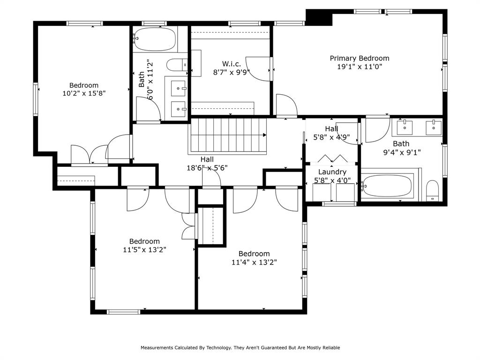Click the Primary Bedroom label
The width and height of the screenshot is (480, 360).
(360, 58)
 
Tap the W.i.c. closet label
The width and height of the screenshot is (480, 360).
(231, 63)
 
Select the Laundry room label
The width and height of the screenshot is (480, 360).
(332, 172)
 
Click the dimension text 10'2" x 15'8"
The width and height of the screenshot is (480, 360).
(84, 93)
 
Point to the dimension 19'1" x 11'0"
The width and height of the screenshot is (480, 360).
(360, 67)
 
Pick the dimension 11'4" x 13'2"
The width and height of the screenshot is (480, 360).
(254, 262)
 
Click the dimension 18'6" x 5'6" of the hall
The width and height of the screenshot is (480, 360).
(207, 167)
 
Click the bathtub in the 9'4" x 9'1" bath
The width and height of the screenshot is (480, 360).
(388, 186)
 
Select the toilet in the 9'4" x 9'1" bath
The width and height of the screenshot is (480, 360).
(432, 191)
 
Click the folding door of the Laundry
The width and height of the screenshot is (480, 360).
(331, 158)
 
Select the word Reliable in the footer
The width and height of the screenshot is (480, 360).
(330, 348)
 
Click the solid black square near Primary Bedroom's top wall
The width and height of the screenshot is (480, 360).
(319, 18)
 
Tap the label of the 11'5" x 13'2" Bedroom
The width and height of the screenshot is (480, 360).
(144, 241)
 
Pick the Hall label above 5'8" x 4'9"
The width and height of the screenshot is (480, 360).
(331, 129)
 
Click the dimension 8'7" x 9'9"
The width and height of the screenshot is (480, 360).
(231, 72)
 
